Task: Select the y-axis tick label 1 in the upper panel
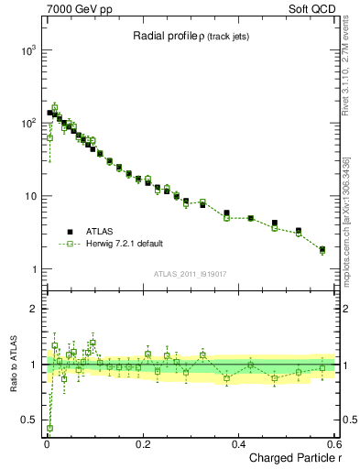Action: (35, 269)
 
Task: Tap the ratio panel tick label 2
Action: (35, 309)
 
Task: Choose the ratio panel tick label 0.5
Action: (29, 421)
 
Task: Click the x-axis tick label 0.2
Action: (143, 443)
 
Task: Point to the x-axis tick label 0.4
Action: (239, 443)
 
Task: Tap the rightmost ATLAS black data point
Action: (322, 249)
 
